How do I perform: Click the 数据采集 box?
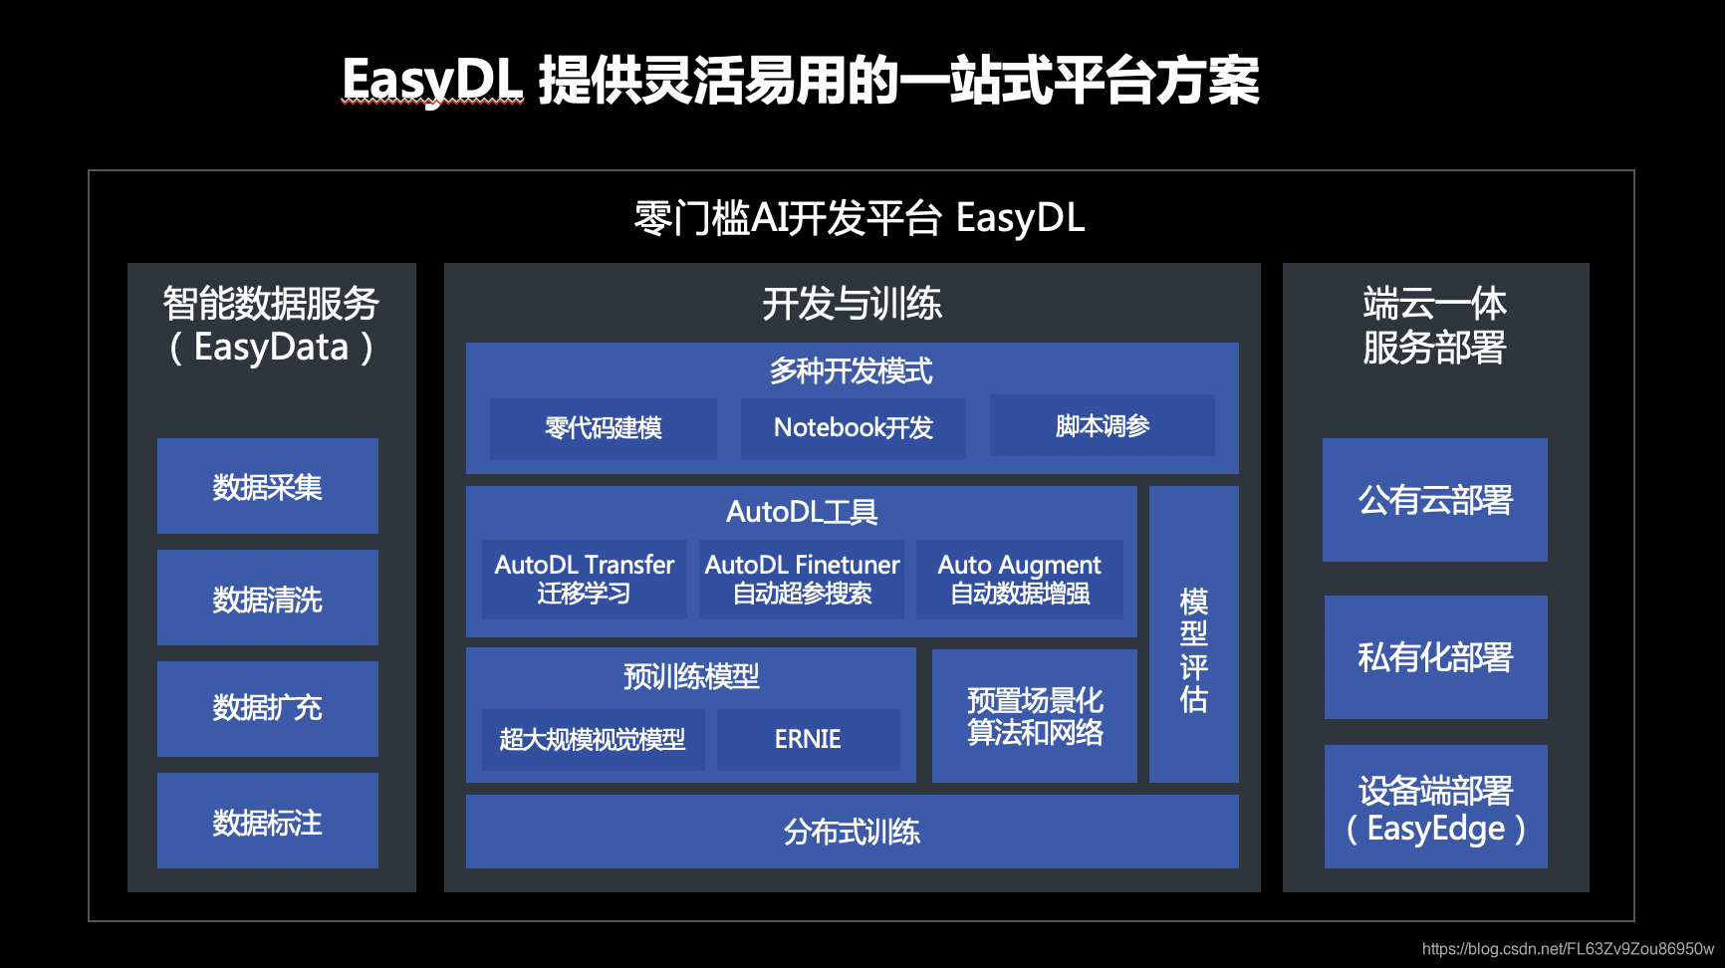[267, 486]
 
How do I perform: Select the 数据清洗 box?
[267, 598]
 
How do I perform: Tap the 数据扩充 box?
[267, 708]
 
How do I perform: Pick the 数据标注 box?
[267, 821]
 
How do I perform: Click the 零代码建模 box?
[603, 428]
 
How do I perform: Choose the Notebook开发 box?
[853, 428]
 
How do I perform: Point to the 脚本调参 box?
[1102, 425]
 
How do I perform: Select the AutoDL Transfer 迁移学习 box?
[584, 579]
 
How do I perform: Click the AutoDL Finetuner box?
[802, 579]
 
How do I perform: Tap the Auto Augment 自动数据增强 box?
[1019, 579]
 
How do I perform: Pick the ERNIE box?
[808, 739]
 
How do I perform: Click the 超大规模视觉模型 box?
[593, 739]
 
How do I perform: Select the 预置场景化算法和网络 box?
[1034, 716]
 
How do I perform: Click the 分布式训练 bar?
[852, 832]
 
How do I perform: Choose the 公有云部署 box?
[1434, 500]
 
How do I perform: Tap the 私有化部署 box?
[1435, 657]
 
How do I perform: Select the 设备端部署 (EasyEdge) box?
[1435, 807]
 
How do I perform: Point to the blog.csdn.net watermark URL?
[1568, 949]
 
